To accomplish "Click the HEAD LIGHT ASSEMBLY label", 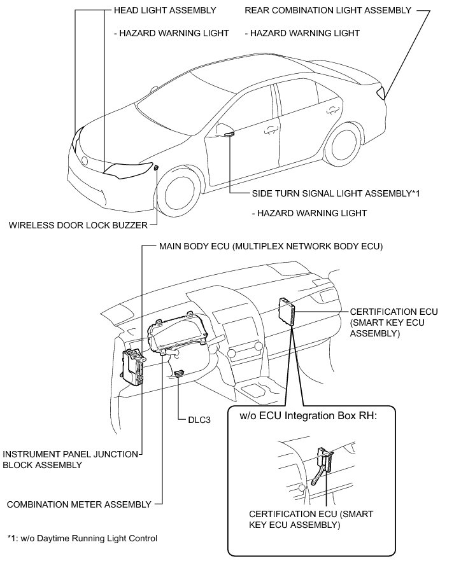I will (x=164, y=11).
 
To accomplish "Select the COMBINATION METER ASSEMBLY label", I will (x=78, y=504).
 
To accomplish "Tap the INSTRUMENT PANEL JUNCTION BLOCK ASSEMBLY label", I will (x=70, y=459).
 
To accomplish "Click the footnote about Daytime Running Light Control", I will (x=82, y=539).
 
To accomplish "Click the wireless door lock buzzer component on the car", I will (x=156, y=168).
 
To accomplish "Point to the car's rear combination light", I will (x=381, y=93).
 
